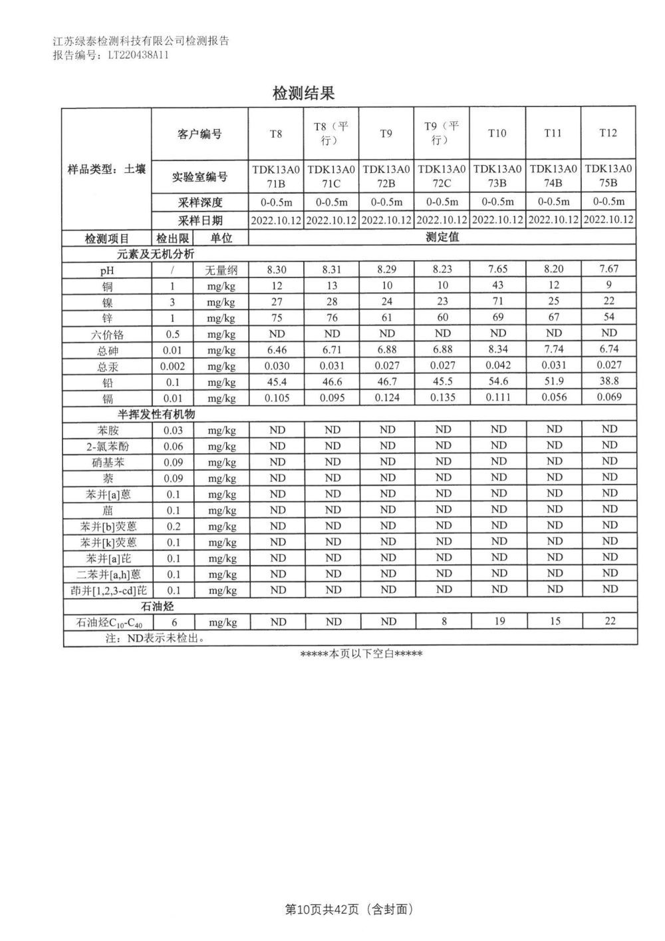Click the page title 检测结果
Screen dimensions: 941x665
click(x=303, y=93)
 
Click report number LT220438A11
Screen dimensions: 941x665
click(x=138, y=56)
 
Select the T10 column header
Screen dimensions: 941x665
click(x=497, y=134)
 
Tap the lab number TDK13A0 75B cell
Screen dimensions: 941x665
click(x=608, y=175)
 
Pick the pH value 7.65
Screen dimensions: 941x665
click(x=498, y=269)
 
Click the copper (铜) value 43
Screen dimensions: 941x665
click(x=498, y=285)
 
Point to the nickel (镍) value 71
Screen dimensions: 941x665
click(x=498, y=301)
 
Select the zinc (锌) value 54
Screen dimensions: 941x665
click(x=608, y=317)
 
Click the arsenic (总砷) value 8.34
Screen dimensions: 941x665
click(x=498, y=349)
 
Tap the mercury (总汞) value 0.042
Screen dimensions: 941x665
click(x=498, y=365)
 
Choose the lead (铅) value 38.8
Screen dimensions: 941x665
click(x=608, y=381)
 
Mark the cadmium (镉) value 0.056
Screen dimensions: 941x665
click(x=553, y=397)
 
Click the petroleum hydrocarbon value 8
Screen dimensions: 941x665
click(x=444, y=622)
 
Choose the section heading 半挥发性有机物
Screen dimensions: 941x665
click(x=156, y=414)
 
